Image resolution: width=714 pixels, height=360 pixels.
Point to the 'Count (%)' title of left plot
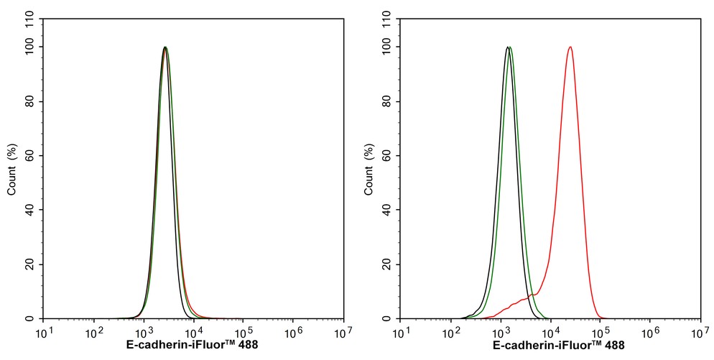click(x=11, y=170)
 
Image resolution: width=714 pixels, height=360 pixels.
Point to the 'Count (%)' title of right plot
click(x=368, y=170)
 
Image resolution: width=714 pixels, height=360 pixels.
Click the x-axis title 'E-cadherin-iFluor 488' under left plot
click(x=192, y=346)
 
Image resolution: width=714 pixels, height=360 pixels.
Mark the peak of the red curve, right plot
click(x=570, y=47)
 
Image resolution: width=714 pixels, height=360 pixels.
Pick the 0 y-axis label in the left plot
click(x=33, y=319)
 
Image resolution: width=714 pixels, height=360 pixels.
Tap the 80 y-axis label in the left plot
click(x=31, y=102)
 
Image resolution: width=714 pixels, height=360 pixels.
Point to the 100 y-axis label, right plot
click(x=386, y=47)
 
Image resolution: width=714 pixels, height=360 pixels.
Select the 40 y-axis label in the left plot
click(x=31, y=211)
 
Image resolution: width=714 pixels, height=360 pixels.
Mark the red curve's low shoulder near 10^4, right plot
click(x=532, y=295)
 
